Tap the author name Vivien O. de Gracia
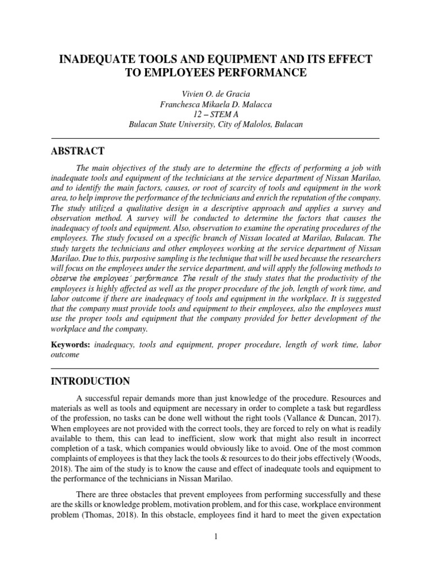click(x=215, y=93)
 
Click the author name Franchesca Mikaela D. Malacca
click(x=215, y=104)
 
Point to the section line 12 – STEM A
click(x=215, y=114)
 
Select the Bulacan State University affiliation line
click(x=215, y=125)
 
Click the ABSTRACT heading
click(x=78, y=151)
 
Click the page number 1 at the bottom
click(x=215, y=536)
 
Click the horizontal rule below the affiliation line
click(x=215, y=138)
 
